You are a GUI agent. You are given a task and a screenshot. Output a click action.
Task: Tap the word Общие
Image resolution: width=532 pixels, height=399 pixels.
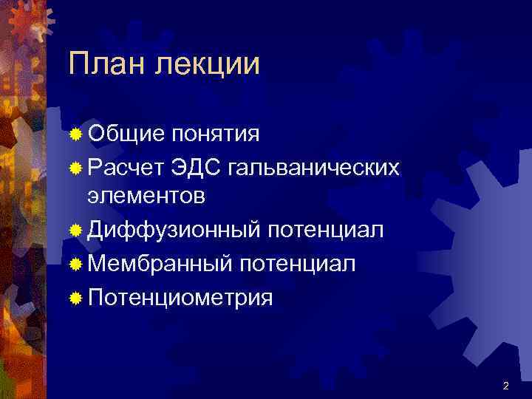tap(125, 134)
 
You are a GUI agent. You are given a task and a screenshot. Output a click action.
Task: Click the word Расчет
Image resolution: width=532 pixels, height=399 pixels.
tap(127, 167)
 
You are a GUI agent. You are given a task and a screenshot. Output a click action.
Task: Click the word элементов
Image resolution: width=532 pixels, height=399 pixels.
tap(146, 197)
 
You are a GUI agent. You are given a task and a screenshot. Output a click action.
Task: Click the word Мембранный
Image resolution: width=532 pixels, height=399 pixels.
tap(160, 264)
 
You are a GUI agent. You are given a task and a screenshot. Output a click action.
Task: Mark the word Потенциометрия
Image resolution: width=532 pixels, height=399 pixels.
tap(180, 298)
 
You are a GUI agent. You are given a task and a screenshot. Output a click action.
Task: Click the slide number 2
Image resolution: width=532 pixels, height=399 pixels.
tap(505, 386)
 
